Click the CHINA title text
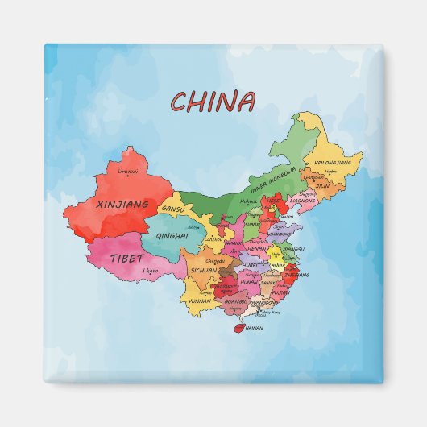pyautogui.click(x=213, y=102)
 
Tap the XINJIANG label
pyautogui.click(x=122, y=205)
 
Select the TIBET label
pyautogui.click(x=128, y=259)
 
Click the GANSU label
pyautogui.click(x=173, y=209)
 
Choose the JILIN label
pyautogui.click(x=322, y=186)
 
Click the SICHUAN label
pyautogui.click(x=202, y=271)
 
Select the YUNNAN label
pyautogui.click(x=199, y=301)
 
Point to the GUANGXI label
pyautogui.click(x=236, y=301)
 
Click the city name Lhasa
pyautogui.click(x=151, y=271)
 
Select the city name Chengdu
pyautogui.click(x=215, y=261)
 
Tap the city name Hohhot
pyautogui.click(x=248, y=201)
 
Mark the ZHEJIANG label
pyautogui.click(x=291, y=275)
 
